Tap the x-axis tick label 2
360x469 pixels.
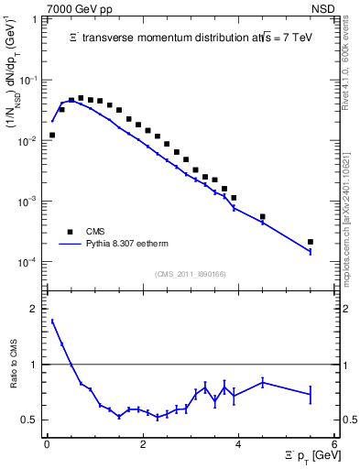pyautogui.click(x=142, y=444)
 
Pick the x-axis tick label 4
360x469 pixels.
pyautogui.click(x=238, y=444)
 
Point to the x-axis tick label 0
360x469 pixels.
pyautogui.click(x=46, y=444)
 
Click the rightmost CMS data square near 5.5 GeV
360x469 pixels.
pyautogui.click(x=311, y=242)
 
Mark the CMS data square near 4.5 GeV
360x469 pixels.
pyautogui.click(x=263, y=217)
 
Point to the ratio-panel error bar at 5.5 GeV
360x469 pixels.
pyautogui.click(x=311, y=394)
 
